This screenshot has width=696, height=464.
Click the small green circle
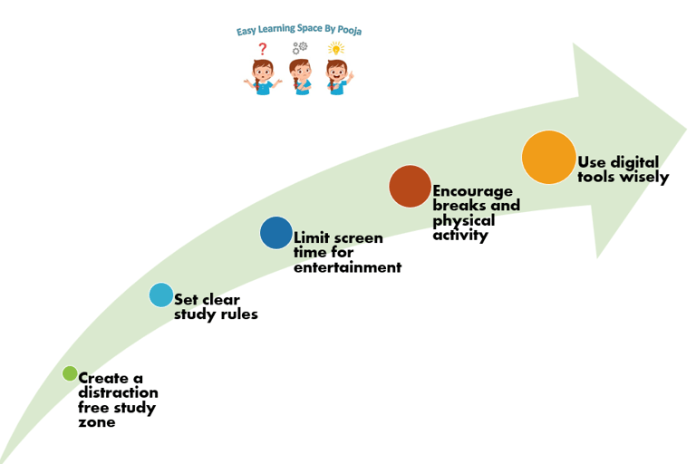coord(70,373)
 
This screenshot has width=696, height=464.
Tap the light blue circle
coord(160,295)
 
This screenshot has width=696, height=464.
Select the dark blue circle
coord(276,233)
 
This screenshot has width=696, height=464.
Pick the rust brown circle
coord(410,186)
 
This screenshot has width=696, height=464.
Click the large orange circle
coord(549,158)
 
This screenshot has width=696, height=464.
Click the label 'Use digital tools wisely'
coord(623,169)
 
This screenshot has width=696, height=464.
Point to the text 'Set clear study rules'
coord(216,306)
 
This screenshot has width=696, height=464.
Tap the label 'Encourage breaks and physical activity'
coord(476,213)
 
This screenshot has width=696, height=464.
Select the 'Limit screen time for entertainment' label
coord(347,252)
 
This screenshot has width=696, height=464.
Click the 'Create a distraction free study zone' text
coord(117,400)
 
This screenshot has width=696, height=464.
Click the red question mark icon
coord(263,49)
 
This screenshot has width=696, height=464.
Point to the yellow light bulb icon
coord(336,49)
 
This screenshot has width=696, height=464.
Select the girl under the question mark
coord(263,76)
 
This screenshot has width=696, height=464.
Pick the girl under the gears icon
coord(300,76)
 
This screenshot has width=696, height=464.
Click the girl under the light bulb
coord(337,76)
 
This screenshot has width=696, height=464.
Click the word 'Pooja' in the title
coord(348,30)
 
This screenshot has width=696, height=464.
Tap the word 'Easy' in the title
coord(247,31)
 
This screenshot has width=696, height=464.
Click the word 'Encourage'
coord(472,191)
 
